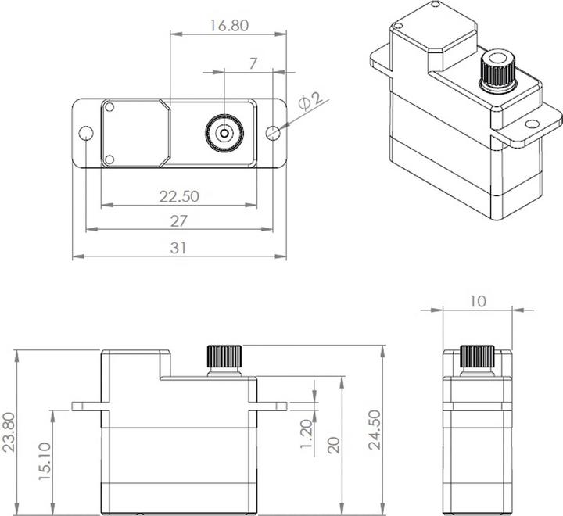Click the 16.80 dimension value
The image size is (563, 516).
pos(228,25)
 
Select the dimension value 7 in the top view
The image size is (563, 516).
pos(253,64)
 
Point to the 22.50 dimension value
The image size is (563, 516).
pos(179,195)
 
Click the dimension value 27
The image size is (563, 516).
pos(179,221)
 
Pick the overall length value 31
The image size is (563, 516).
pos(179,248)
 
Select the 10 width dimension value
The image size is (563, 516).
pos(478,300)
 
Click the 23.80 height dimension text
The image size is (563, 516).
pos(9,432)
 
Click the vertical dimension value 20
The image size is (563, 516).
pos(334,445)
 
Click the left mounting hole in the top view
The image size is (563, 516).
pos(86,134)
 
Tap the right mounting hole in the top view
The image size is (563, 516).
pos(272,133)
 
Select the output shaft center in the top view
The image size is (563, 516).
pos(224,133)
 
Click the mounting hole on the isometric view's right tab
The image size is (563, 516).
pos(532,123)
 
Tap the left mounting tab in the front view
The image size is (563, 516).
pos(87,406)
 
